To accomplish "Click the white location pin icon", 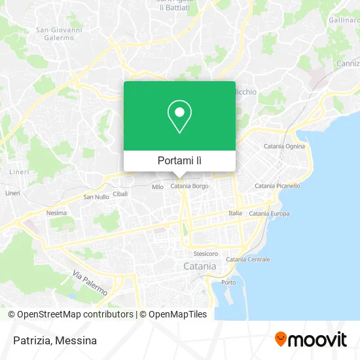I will click(179, 116).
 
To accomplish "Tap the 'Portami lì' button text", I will click(179, 160).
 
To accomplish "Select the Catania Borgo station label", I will click(189, 187).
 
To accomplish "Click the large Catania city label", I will click(199, 266).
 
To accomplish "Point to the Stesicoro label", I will click(206, 253).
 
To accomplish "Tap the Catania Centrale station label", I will click(248, 259).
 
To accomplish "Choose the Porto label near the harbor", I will click(228, 282).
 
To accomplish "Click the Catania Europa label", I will click(269, 213).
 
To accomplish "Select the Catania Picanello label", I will click(278, 186).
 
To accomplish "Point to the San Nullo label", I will click(96, 196).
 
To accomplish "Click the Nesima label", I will click(56, 213).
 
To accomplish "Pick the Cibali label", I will click(120, 194).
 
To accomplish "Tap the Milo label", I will click(158, 187).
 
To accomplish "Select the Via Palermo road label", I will click(90, 283).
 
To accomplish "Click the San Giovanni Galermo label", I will click(59, 33).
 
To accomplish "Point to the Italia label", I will click(235, 213).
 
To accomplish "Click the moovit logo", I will click(310, 340).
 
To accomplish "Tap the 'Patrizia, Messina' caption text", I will click(54, 340).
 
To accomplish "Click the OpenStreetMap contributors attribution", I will click(75, 314).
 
